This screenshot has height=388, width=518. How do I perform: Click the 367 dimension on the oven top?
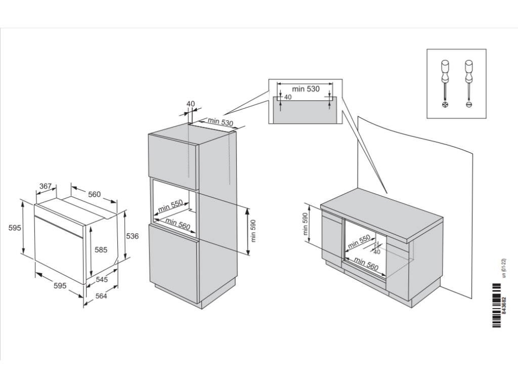46,186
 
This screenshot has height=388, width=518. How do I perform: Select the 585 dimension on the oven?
101,249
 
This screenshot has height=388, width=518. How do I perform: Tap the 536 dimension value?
133,236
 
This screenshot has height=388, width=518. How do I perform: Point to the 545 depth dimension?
102,279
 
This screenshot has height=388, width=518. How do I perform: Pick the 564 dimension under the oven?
101,296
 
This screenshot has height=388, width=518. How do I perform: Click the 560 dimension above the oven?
94,194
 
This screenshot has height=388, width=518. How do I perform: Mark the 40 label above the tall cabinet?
190,104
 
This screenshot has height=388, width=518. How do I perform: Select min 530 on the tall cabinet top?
220,122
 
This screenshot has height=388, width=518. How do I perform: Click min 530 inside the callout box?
306,89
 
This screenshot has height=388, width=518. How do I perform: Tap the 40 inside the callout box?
288,97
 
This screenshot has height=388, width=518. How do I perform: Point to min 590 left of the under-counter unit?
306,224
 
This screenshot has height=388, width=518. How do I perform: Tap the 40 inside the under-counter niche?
376,252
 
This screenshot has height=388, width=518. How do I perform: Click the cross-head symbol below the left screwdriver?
445,104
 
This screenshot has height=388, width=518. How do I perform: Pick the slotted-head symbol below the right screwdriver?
468,104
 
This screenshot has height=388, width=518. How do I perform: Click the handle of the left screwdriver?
445,68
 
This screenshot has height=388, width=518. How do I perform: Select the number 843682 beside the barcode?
503,306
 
